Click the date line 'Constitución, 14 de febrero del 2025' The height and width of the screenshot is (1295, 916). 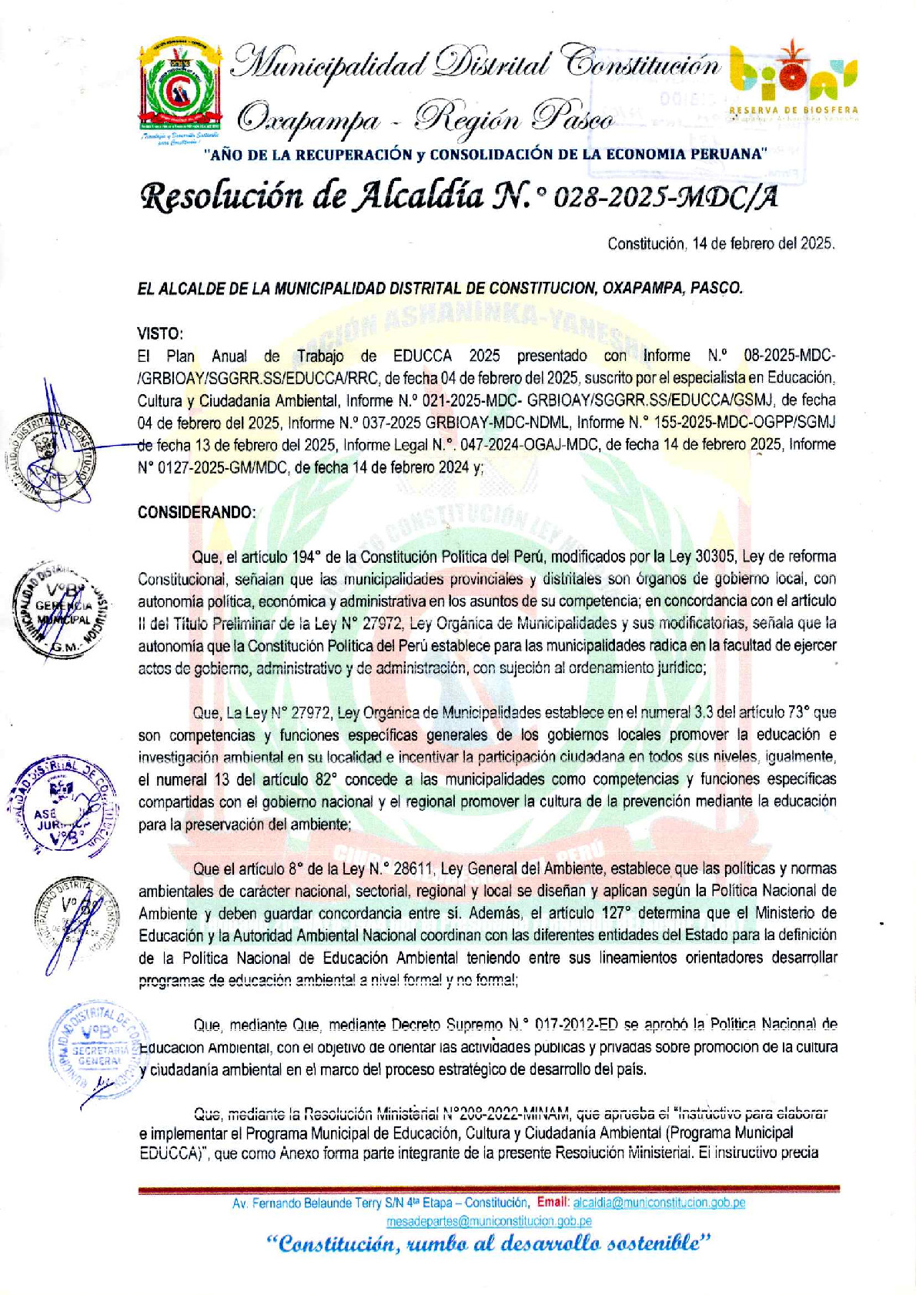pos(720,244)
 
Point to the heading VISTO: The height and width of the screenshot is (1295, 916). pos(160,333)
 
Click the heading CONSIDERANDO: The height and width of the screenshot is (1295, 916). pos(196,512)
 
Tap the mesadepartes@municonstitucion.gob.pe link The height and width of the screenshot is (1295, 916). pos(489,1220)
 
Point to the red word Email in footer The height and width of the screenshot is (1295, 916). pos(553,1203)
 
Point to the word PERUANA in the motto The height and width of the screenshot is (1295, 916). pos(728,154)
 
